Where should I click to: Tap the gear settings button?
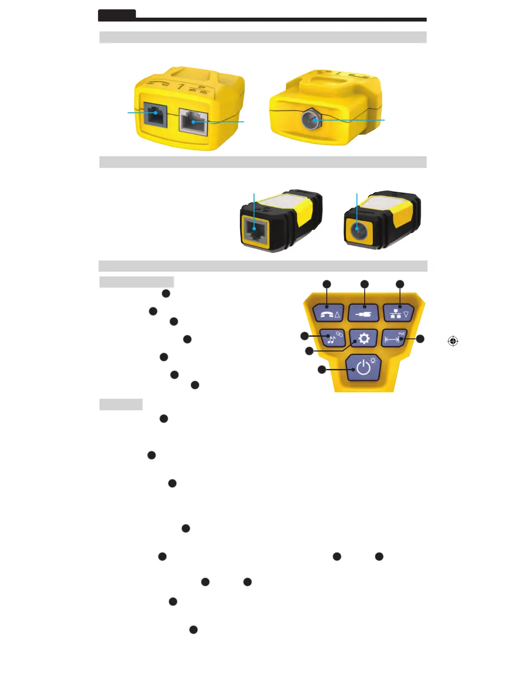(363, 338)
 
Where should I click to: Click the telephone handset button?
(328, 313)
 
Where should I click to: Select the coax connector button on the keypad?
(363, 313)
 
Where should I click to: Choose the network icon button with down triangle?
(399, 313)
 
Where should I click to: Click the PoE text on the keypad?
(402, 334)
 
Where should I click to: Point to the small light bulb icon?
(372, 360)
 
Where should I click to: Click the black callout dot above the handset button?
(327, 284)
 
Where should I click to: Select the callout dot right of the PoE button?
(420, 339)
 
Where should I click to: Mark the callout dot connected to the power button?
(322, 369)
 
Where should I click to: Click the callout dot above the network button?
(400, 284)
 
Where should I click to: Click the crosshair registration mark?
(453, 341)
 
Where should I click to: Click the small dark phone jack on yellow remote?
(155, 114)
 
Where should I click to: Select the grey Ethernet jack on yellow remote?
(193, 122)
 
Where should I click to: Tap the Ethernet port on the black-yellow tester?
(255, 230)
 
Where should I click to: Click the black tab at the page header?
(117, 15)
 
